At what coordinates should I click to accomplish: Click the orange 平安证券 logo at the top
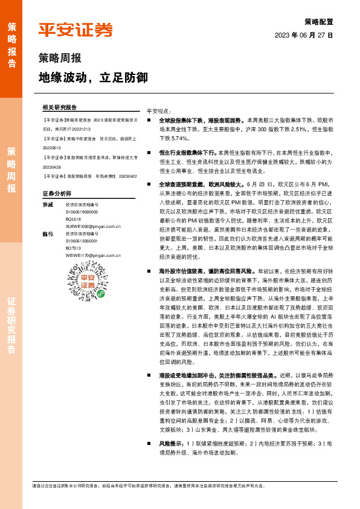point(76,30)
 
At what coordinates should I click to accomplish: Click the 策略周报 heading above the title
point(59,59)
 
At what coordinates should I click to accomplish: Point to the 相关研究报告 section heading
point(60,106)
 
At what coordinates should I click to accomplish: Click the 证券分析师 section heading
point(57,193)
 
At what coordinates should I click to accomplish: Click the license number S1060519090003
point(82,212)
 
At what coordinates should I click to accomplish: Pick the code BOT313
point(73,248)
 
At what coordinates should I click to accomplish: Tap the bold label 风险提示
point(171,443)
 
